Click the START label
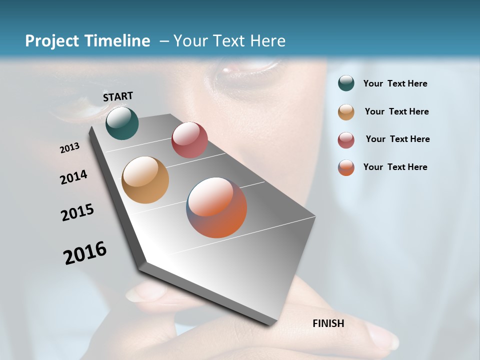point(118,96)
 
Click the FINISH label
point(328,323)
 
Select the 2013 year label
point(70,148)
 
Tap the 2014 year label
point(74,177)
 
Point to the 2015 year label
point(77,212)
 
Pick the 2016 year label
point(85,252)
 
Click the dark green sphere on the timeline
point(122,123)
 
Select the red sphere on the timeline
point(189,140)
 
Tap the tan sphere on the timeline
point(145,180)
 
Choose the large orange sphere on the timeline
point(216,207)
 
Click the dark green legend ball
point(346,83)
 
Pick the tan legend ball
point(346,112)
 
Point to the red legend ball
point(346,140)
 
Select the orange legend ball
point(346,167)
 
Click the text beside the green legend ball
point(395,83)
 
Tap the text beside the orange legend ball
point(395,167)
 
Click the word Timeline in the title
point(117,41)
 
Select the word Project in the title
point(52,41)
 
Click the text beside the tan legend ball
point(396,111)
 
